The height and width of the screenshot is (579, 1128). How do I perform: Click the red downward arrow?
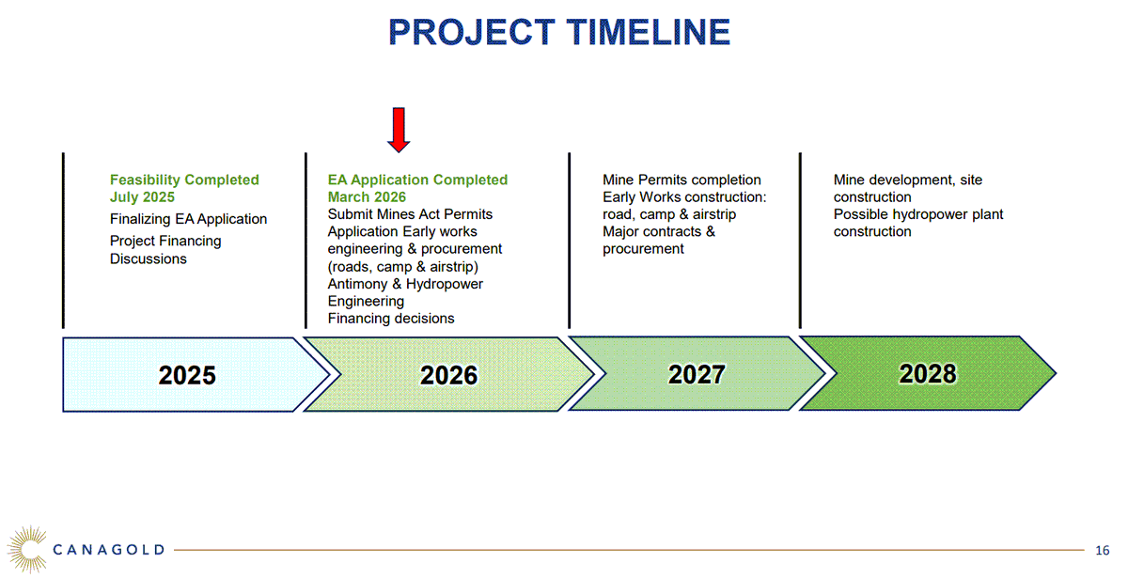399,130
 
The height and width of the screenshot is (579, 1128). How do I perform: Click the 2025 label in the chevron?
187,376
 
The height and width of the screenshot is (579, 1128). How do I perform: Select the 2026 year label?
448,376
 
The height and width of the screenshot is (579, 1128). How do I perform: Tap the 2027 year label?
697,374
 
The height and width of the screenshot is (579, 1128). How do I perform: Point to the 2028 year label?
927,373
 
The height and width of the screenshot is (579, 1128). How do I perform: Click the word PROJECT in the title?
471,32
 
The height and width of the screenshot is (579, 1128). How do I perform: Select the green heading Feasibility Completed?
184,180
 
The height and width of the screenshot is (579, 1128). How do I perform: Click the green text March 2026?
367,197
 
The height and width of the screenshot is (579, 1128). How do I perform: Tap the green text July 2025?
142,197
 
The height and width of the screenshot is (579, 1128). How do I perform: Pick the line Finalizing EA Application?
188,219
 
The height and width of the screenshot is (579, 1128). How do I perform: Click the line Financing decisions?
390,319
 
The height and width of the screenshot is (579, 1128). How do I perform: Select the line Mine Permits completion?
681,180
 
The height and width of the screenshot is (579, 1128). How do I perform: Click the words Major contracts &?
659,231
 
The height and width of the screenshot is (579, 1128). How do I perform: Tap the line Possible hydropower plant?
918,214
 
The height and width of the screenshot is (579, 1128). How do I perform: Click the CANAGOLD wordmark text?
109,550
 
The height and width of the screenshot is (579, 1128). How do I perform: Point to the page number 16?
1103,550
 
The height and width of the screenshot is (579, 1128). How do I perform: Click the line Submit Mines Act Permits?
410,214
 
